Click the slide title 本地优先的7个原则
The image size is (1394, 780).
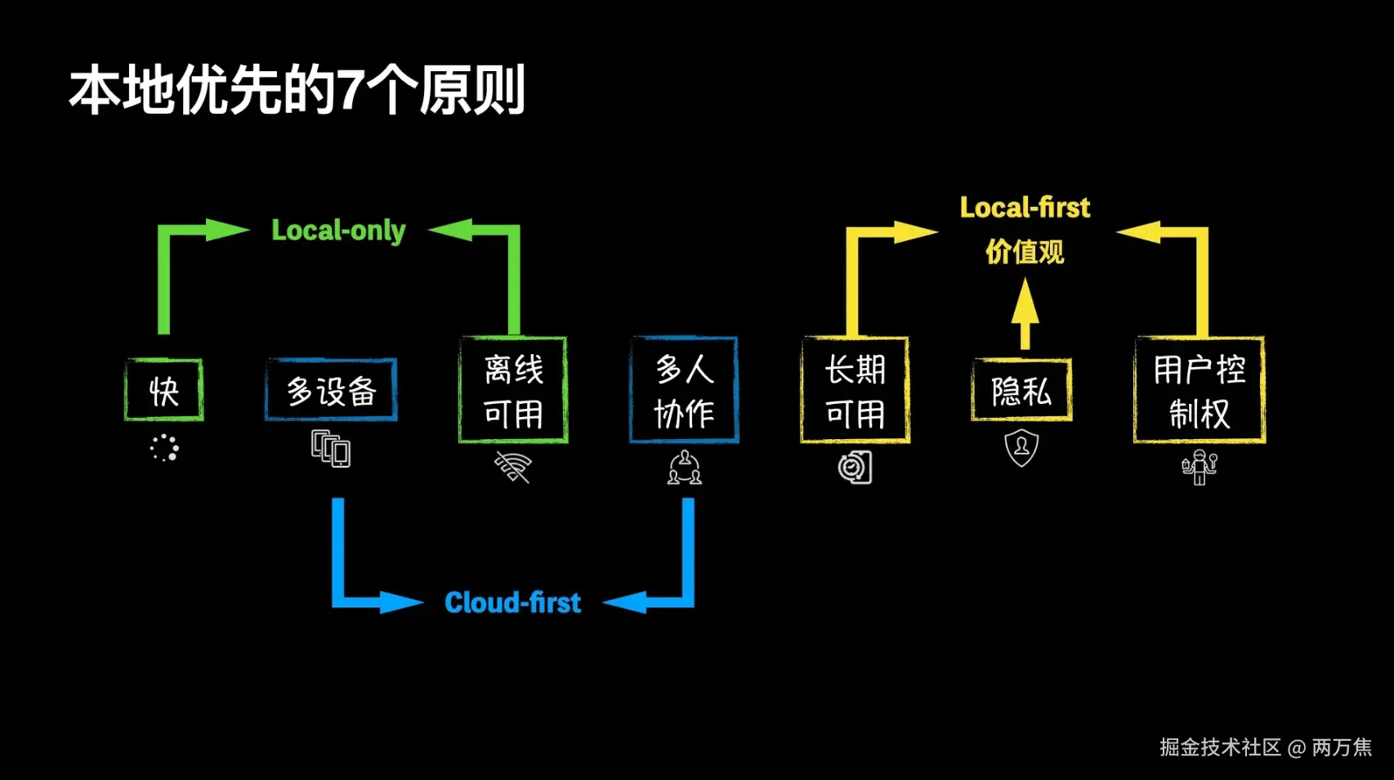297,90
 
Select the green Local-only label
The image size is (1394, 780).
338,231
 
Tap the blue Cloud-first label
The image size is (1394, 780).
512,603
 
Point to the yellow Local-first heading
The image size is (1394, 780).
1025,208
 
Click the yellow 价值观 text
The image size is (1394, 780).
1025,252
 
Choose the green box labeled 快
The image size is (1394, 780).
164,391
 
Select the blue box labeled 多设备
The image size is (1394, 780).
331,390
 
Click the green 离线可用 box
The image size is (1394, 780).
513,391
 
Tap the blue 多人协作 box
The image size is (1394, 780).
684,391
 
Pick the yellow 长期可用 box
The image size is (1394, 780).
855,391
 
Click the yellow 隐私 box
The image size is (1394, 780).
1021,391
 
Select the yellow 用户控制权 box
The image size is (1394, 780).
1199,391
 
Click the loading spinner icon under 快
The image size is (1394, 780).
164,448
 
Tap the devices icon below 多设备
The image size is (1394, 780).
331,449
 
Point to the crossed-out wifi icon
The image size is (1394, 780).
513,468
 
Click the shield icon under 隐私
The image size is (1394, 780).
1021,448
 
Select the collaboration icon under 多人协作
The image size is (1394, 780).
684,468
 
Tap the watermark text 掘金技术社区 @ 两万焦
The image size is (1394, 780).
1265,747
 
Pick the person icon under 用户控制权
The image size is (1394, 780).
1199,467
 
